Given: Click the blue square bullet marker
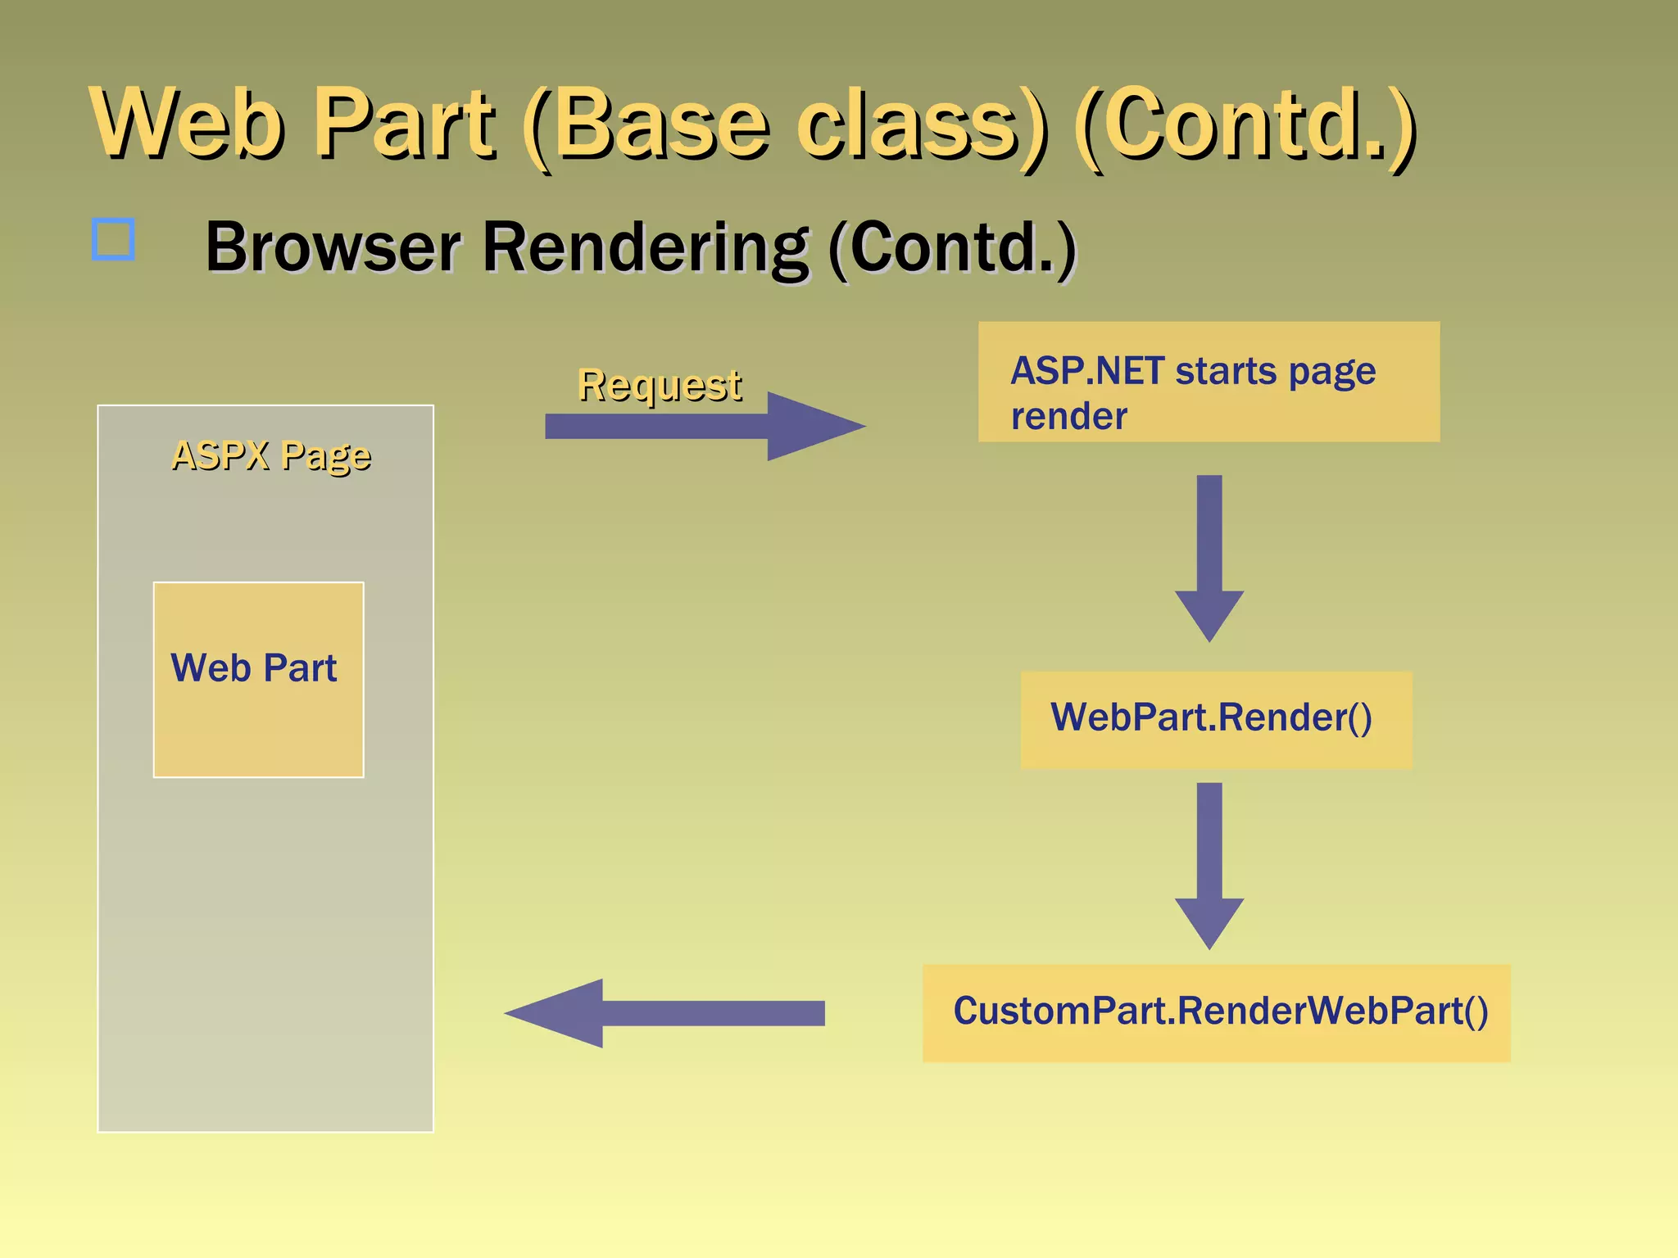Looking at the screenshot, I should (x=113, y=239).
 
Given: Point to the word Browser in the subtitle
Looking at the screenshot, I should (x=333, y=247).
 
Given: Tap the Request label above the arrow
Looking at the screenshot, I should (x=660, y=384).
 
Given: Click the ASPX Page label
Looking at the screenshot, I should (x=271, y=455).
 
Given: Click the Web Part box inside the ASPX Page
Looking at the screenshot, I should (x=258, y=680).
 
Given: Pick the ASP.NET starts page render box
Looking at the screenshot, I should (x=1209, y=382).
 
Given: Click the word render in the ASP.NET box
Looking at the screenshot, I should (x=1068, y=417).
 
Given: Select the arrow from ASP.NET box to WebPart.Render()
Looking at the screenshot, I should (x=1209, y=557).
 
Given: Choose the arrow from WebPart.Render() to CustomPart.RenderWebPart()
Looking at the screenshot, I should (x=1209, y=864).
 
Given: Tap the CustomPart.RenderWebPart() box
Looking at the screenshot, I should (x=1216, y=1012).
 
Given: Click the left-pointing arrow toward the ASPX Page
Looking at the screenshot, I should (x=664, y=1013).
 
